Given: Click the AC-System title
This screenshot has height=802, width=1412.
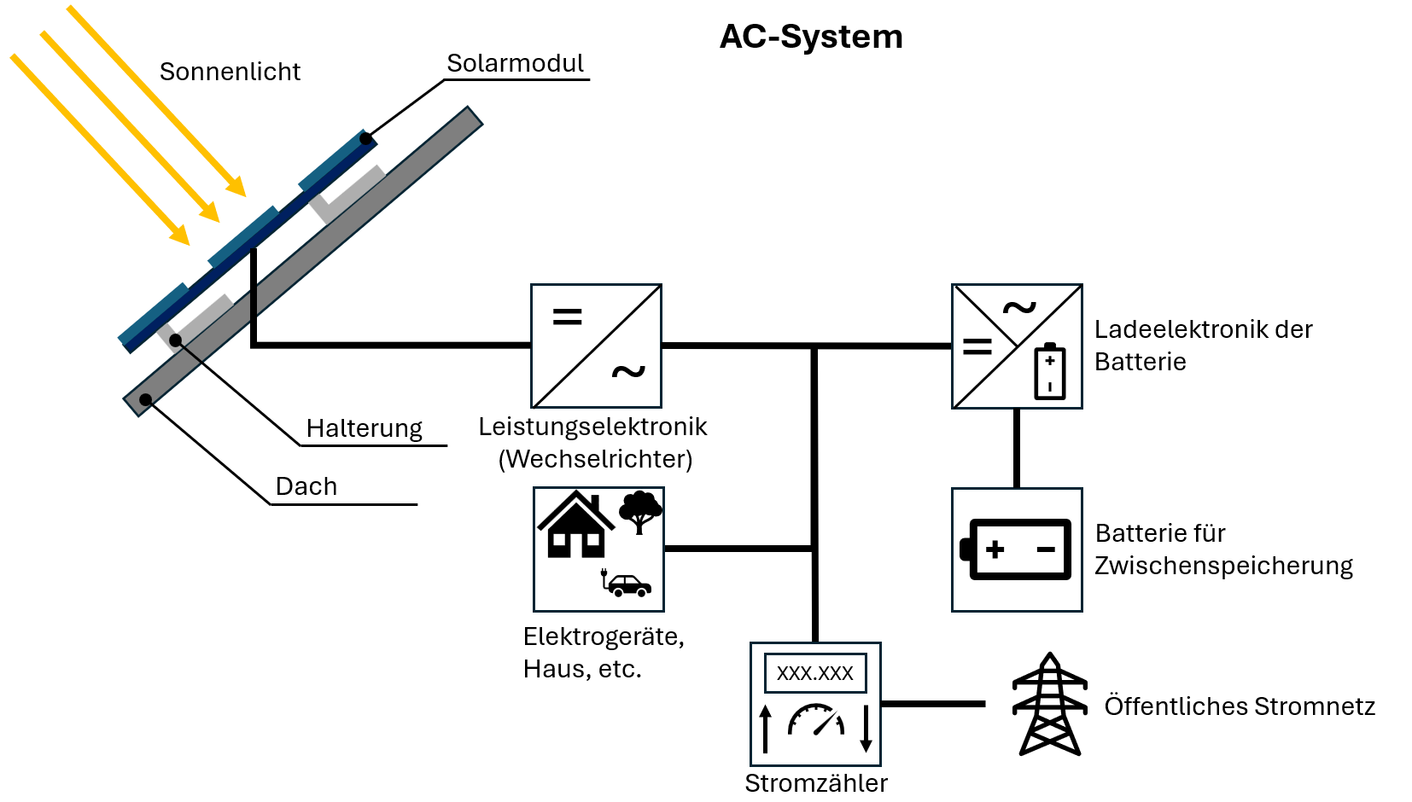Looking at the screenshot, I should (x=811, y=37).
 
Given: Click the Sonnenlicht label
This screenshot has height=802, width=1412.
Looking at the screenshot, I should (x=230, y=72).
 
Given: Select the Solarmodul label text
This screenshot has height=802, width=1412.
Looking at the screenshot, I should (x=515, y=63).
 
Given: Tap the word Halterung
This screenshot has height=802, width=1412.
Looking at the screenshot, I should (x=365, y=428).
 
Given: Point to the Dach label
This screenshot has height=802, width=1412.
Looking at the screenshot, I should (x=306, y=486).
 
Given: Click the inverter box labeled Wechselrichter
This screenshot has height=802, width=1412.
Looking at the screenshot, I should (x=596, y=346).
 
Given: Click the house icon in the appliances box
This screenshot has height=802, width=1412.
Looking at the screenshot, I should (x=575, y=526).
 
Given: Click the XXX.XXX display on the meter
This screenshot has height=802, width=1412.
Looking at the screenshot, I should (x=814, y=673).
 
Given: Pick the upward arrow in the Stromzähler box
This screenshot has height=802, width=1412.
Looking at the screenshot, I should (x=766, y=729).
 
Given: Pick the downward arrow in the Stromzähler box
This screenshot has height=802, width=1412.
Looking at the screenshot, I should (x=866, y=729).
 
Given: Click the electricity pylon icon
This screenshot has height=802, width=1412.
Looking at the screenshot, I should (x=1050, y=705).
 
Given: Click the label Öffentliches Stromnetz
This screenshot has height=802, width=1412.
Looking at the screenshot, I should (x=1239, y=706).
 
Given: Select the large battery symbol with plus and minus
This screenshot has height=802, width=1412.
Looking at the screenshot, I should (x=1017, y=549).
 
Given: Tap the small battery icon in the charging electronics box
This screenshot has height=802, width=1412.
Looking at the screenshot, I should (x=1050, y=371).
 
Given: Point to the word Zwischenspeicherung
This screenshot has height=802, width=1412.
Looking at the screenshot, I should (x=1223, y=566).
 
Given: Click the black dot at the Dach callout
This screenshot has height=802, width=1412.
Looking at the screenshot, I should (x=146, y=399).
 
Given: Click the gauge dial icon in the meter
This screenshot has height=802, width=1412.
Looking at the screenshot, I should (x=816, y=720).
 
